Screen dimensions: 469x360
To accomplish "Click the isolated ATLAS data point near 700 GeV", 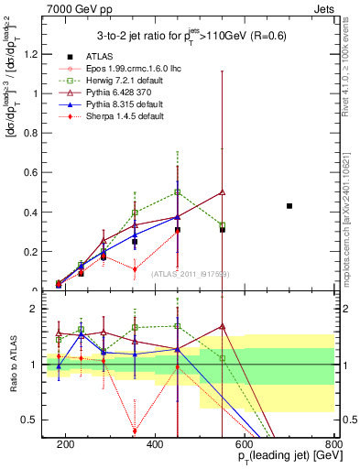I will (x=289, y=206).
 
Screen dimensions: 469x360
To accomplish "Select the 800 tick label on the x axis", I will (x=333, y=443).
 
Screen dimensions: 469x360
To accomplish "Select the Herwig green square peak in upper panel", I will (x=178, y=192).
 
